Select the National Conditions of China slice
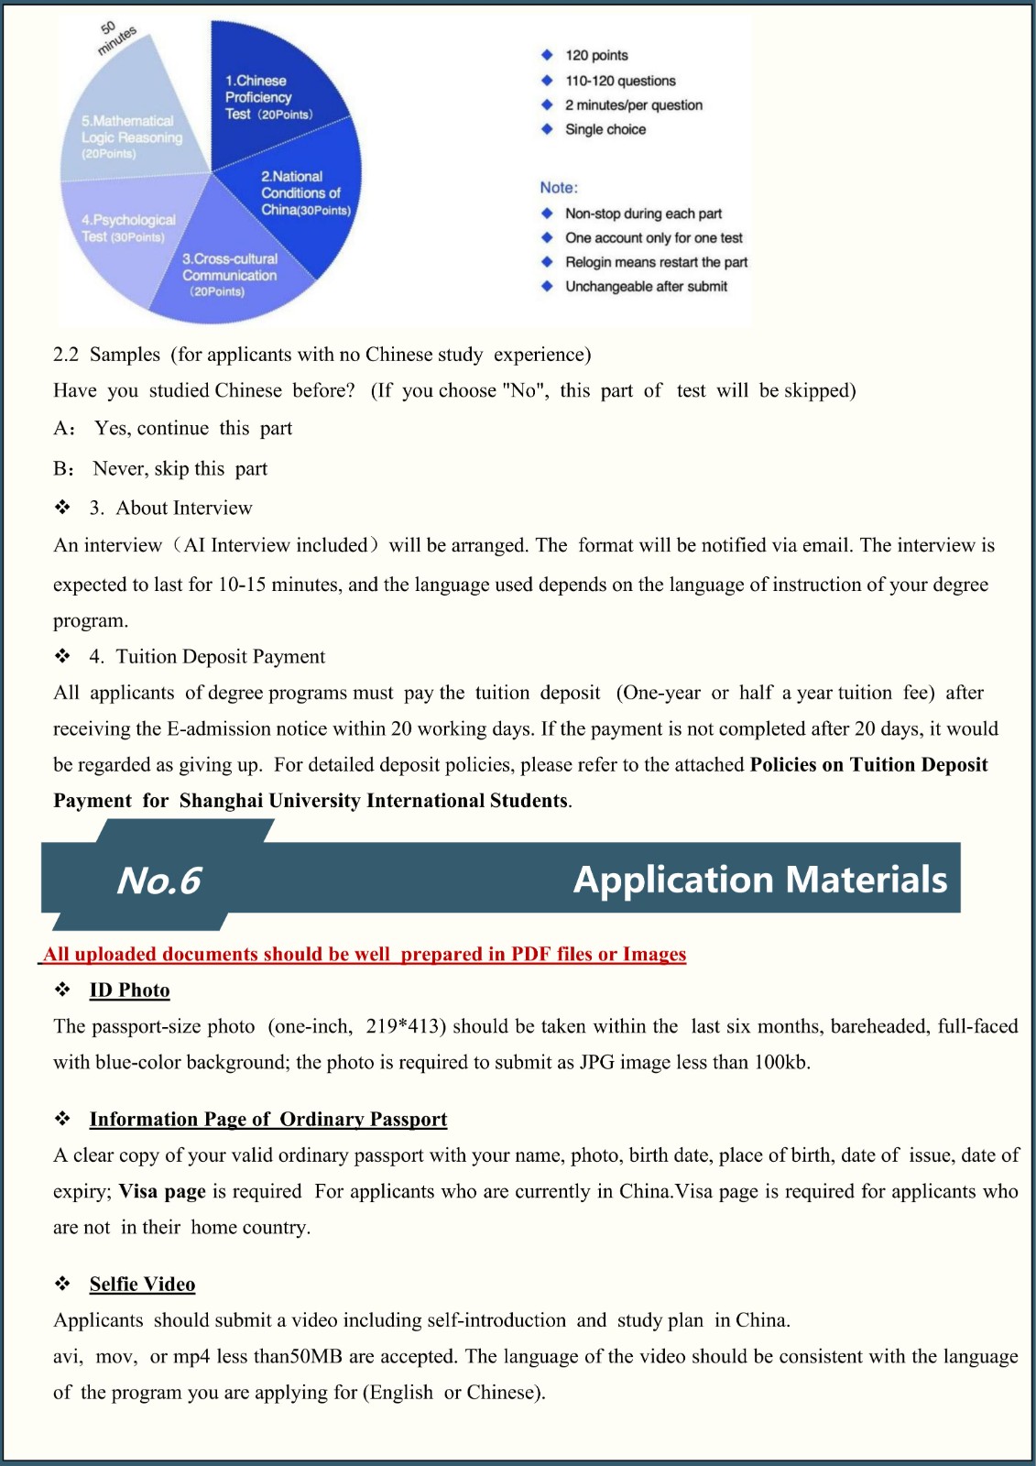pyautogui.click(x=302, y=197)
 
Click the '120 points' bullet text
pyautogui.click(x=596, y=56)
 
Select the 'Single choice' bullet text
pyautogui.click(x=605, y=129)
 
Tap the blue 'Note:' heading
pyautogui.click(x=559, y=188)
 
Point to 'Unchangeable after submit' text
pyautogui.click(x=646, y=287)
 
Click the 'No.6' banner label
pyautogui.click(x=158, y=881)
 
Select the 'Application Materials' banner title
pyautogui.click(x=760, y=880)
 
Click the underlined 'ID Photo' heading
pyautogui.click(x=129, y=990)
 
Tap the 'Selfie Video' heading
pyautogui.click(x=142, y=1285)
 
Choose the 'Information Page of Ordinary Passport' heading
pyautogui.click(x=268, y=1120)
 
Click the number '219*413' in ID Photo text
pyautogui.click(x=406, y=1026)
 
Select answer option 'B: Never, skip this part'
pyautogui.click(x=160, y=469)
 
